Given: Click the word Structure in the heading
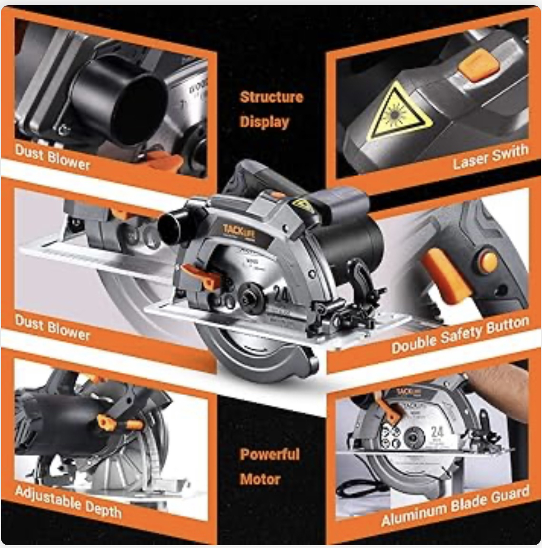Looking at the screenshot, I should point(271,97).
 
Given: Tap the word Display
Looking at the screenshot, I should point(264,122).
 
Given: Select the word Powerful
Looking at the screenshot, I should point(270,454).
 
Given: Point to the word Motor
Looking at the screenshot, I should point(260,479).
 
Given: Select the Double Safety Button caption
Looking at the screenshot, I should point(460,335).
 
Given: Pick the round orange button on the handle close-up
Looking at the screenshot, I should point(488,262).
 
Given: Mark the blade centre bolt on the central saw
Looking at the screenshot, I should point(250,295).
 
